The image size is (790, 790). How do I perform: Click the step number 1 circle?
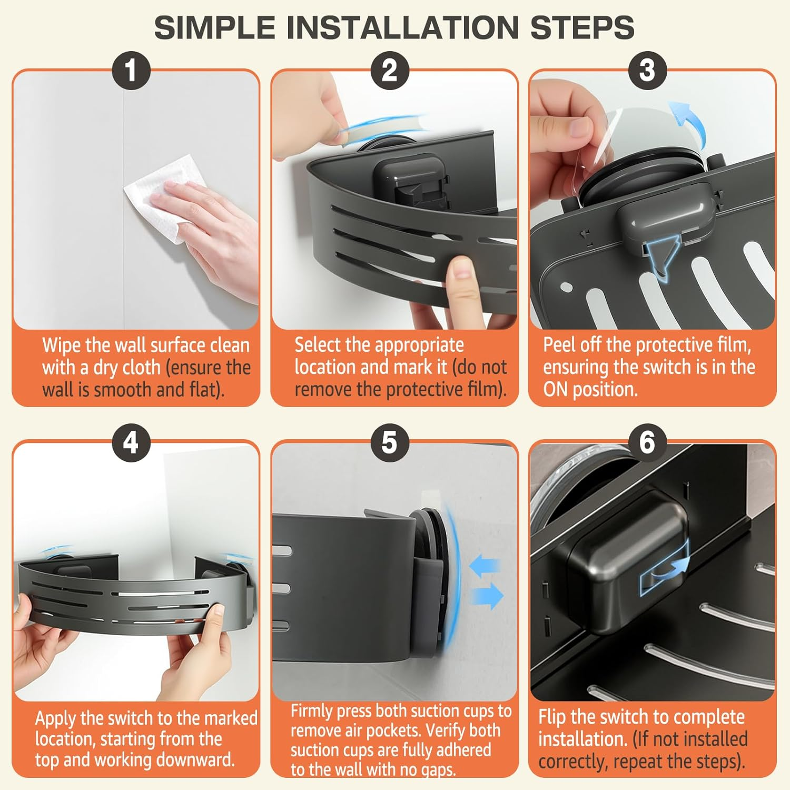pyautogui.click(x=131, y=71)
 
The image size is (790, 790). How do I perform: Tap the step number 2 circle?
pyautogui.click(x=390, y=71)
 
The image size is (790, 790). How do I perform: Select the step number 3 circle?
pyautogui.click(x=647, y=71)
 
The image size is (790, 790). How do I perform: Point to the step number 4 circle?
pyautogui.click(x=131, y=443)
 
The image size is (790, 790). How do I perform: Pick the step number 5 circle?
pyautogui.click(x=390, y=443)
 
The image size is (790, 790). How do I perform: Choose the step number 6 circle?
pyautogui.click(x=647, y=443)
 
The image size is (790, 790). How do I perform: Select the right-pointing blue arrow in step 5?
pyautogui.click(x=487, y=596)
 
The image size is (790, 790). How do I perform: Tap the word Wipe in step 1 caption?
pyautogui.click(x=62, y=346)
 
